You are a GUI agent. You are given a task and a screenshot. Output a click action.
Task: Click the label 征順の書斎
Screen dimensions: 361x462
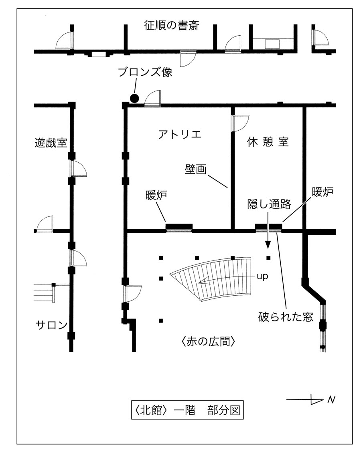click(171, 26)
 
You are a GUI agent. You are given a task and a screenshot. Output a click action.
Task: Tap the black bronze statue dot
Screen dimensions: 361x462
click(135, 98)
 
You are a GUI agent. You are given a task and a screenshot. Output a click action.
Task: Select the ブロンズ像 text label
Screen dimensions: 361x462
click(145, 73)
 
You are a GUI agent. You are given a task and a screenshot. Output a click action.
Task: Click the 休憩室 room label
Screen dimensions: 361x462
click(268, 142)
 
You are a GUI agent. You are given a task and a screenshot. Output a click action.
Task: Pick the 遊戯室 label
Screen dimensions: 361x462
click(51, 142)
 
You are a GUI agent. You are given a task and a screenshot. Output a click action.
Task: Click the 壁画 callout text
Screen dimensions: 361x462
click(195, 169)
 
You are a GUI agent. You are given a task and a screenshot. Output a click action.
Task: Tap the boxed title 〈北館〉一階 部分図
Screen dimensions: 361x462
click(187, 410)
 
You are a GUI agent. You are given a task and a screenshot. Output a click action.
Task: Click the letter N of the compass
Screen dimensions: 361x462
click(331, 399)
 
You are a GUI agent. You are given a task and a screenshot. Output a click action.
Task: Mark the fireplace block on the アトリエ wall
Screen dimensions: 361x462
click(179, 227)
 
